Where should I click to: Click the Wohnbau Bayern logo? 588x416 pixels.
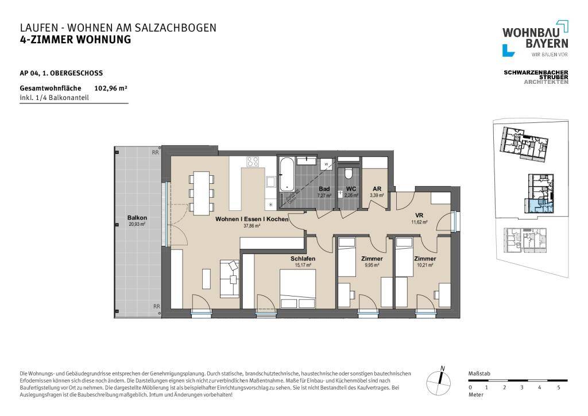click(x=535, y=38)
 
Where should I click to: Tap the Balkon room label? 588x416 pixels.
click(x=137, y=218)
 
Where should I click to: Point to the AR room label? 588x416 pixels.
click(x=377, y=188)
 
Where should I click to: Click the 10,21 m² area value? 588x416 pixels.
click(x=425, y=265)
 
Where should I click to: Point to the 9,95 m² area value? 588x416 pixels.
click(x=372, y=265)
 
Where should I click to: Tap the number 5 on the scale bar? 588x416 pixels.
click(x=559, y=388)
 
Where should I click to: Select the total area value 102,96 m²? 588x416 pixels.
click(x=110, y=88)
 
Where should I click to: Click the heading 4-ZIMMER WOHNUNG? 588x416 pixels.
click(x=75, y=40)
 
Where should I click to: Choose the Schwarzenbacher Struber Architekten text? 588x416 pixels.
click(x=536, y=77)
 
